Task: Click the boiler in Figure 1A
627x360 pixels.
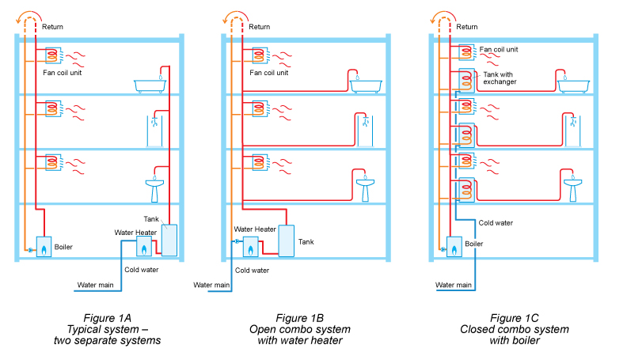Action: pos(44,248)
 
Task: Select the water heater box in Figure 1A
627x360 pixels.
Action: pos(144,247)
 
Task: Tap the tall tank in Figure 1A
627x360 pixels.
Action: pos(169,241)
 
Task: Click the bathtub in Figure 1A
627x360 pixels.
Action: pos(152,85)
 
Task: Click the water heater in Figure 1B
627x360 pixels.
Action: pos(251,248)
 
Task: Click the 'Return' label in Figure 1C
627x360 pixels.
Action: pos(471,26)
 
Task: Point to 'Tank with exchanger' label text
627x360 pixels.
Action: pos(499,78)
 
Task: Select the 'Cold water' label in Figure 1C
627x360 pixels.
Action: pos(496,223)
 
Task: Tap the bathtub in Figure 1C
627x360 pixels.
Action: pos(572,85)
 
